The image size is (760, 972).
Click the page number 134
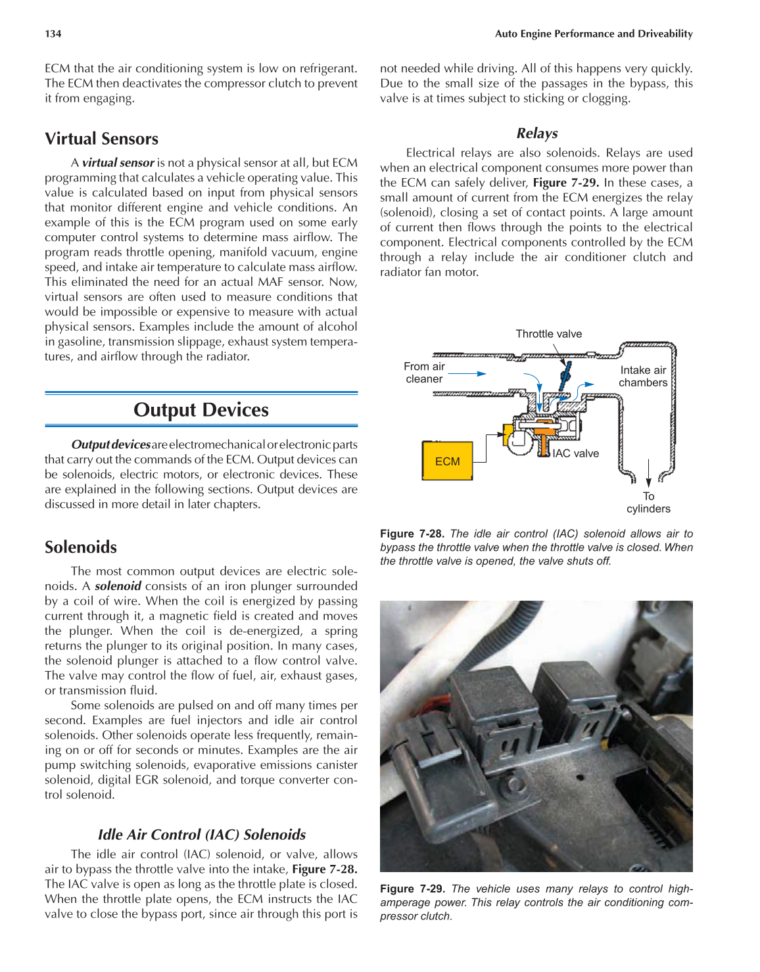[x=53, y=34]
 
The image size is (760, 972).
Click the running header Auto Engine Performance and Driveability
[x=593, y=34]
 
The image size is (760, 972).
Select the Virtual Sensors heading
[x=101, y=139]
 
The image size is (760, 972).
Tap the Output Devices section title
[x=201, y=409]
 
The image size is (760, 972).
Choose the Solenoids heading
[x=80, y=547]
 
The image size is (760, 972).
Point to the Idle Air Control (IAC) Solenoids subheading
[x=201, y=835]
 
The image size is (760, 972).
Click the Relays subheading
[x=536, y=133]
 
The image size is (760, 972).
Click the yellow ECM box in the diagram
[x=447, y=461]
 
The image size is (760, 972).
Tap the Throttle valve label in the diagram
[x=548, y=334]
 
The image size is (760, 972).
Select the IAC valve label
[x=575, y=453]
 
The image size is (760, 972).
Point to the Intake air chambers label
[x=642, y=377]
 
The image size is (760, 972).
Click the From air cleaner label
[x=424, y=373]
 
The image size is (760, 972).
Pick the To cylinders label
[x=648, y=503]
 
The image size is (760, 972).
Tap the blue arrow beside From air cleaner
[x=467, y=373]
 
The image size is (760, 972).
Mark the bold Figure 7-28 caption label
[x=412, y=534]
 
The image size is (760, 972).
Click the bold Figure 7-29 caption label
[x=412, y=889]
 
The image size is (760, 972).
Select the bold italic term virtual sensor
[x=118, y=162]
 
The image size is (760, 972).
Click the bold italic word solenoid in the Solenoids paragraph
[x=118, y=586]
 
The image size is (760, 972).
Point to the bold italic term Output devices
[x=110, y=445]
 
